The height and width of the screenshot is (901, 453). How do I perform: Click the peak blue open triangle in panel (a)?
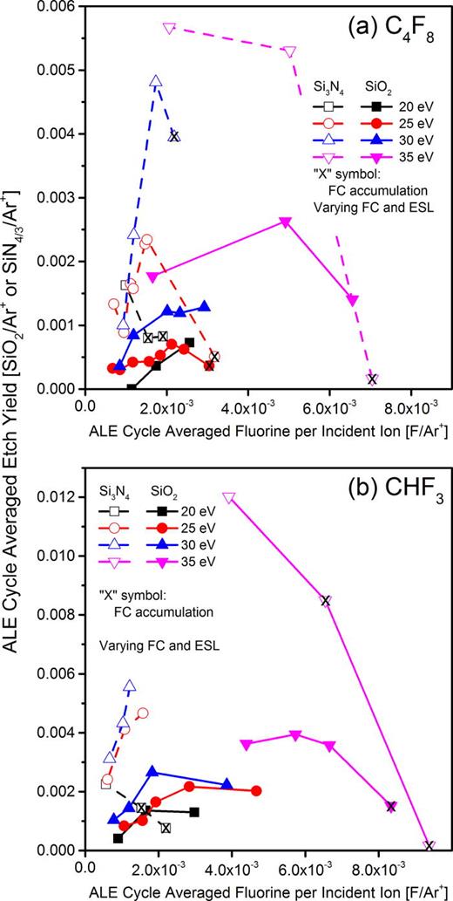pos(156,82)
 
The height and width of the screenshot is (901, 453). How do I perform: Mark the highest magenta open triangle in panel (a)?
pos(169,28)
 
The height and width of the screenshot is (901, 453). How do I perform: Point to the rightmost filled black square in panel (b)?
pos(194,812)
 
